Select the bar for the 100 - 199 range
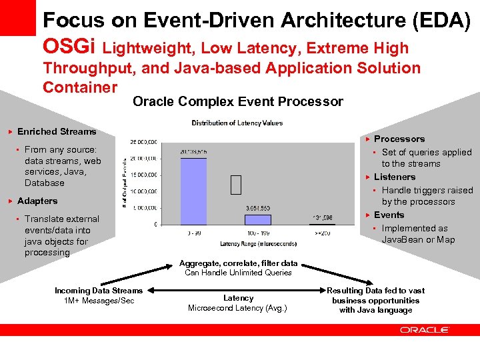point(257,219)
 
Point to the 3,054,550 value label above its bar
point(257,208)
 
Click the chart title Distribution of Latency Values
point(237,123)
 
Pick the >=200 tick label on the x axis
point(323,233)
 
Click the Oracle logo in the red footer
point(424,329)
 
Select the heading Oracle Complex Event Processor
point(238,102)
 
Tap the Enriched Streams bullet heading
point(57,131)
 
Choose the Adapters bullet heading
point(37,201)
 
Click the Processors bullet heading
point(399,139)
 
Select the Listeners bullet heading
point(394,177)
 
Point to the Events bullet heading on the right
point(389,215)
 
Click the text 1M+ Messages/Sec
point(99,301)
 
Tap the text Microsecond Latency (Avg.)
point(237,308)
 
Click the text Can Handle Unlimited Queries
point(238,273)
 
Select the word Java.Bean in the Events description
point(402,239)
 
